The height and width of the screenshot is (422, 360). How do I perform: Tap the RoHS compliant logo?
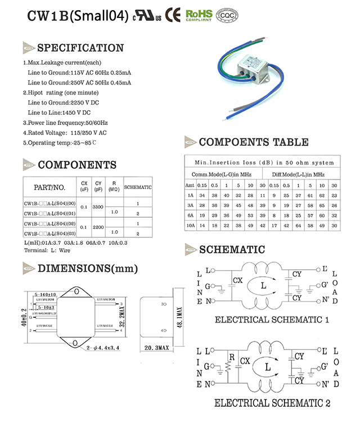(x=199, y=15)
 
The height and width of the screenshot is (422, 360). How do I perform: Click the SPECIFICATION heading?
(x=80, y=48)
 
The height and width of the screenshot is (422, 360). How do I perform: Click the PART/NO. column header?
(x=49, y=187)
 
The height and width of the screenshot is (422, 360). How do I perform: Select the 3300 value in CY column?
(x=98, y=207)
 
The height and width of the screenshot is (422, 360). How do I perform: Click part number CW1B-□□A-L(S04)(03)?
(x=49, y=232)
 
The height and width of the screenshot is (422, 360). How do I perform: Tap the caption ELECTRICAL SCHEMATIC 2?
(x=272, y=403)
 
